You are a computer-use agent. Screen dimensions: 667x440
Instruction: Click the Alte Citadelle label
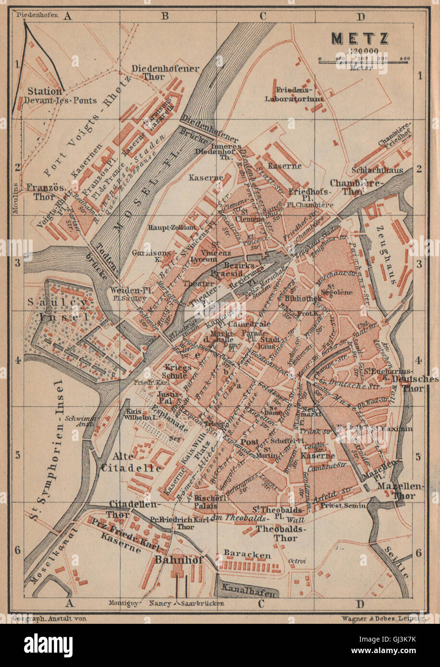[131, 462]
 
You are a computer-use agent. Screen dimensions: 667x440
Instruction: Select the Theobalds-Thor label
[277, 533]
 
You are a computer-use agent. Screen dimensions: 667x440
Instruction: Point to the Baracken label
[247, 554]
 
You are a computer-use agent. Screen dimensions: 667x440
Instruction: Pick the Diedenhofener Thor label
[165, 72]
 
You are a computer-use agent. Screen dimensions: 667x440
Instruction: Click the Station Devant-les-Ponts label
[61, 95]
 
